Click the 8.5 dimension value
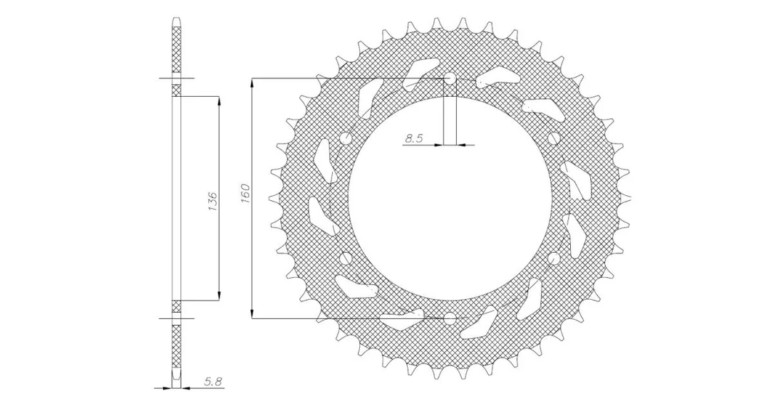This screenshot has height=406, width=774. click(413, 139)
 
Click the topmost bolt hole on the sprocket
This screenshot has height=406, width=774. click(450, 78)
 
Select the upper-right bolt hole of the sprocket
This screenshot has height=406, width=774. click(553, 138)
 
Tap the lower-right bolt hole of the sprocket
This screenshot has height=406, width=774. click(553, 258)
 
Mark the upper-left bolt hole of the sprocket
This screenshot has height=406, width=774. click(346, 138)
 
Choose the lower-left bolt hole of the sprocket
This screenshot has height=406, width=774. click(346, 258)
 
